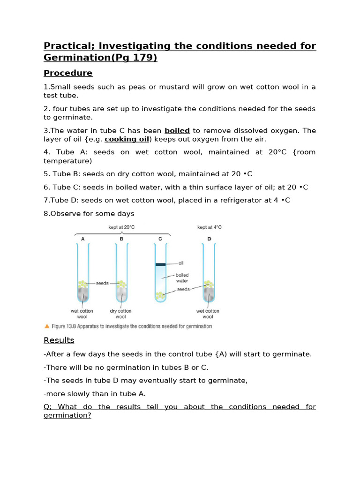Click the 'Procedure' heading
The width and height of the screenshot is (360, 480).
click(x=68, y=73)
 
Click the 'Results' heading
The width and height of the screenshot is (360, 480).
click(x=59, y=340)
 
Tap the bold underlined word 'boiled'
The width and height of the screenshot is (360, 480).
click(x=177, y=131)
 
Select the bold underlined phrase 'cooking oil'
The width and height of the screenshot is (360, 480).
click(x=127, y=139)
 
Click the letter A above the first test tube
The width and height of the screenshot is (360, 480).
click(x=83, y=239)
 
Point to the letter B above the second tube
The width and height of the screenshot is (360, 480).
click(x=121, y=239)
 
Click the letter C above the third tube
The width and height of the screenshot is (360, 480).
click(x=160, y=239)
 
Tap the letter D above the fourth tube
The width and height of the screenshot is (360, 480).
click(x=209, y=239)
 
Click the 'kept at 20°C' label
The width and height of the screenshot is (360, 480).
click(x=122, y=227)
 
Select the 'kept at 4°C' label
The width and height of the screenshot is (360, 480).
click(x=209, y=227)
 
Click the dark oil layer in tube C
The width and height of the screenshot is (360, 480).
click(x=160, y=264)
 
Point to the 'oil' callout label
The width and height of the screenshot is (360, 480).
click(x=181, y=263)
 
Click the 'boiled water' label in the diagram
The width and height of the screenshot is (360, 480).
click(x=182, y=278)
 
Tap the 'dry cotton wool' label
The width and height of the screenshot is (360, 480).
click(x=120, y=314)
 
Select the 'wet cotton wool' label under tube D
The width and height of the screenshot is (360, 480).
click(x=208, y=314)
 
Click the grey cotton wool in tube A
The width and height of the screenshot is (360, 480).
click(x=83, y=293)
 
